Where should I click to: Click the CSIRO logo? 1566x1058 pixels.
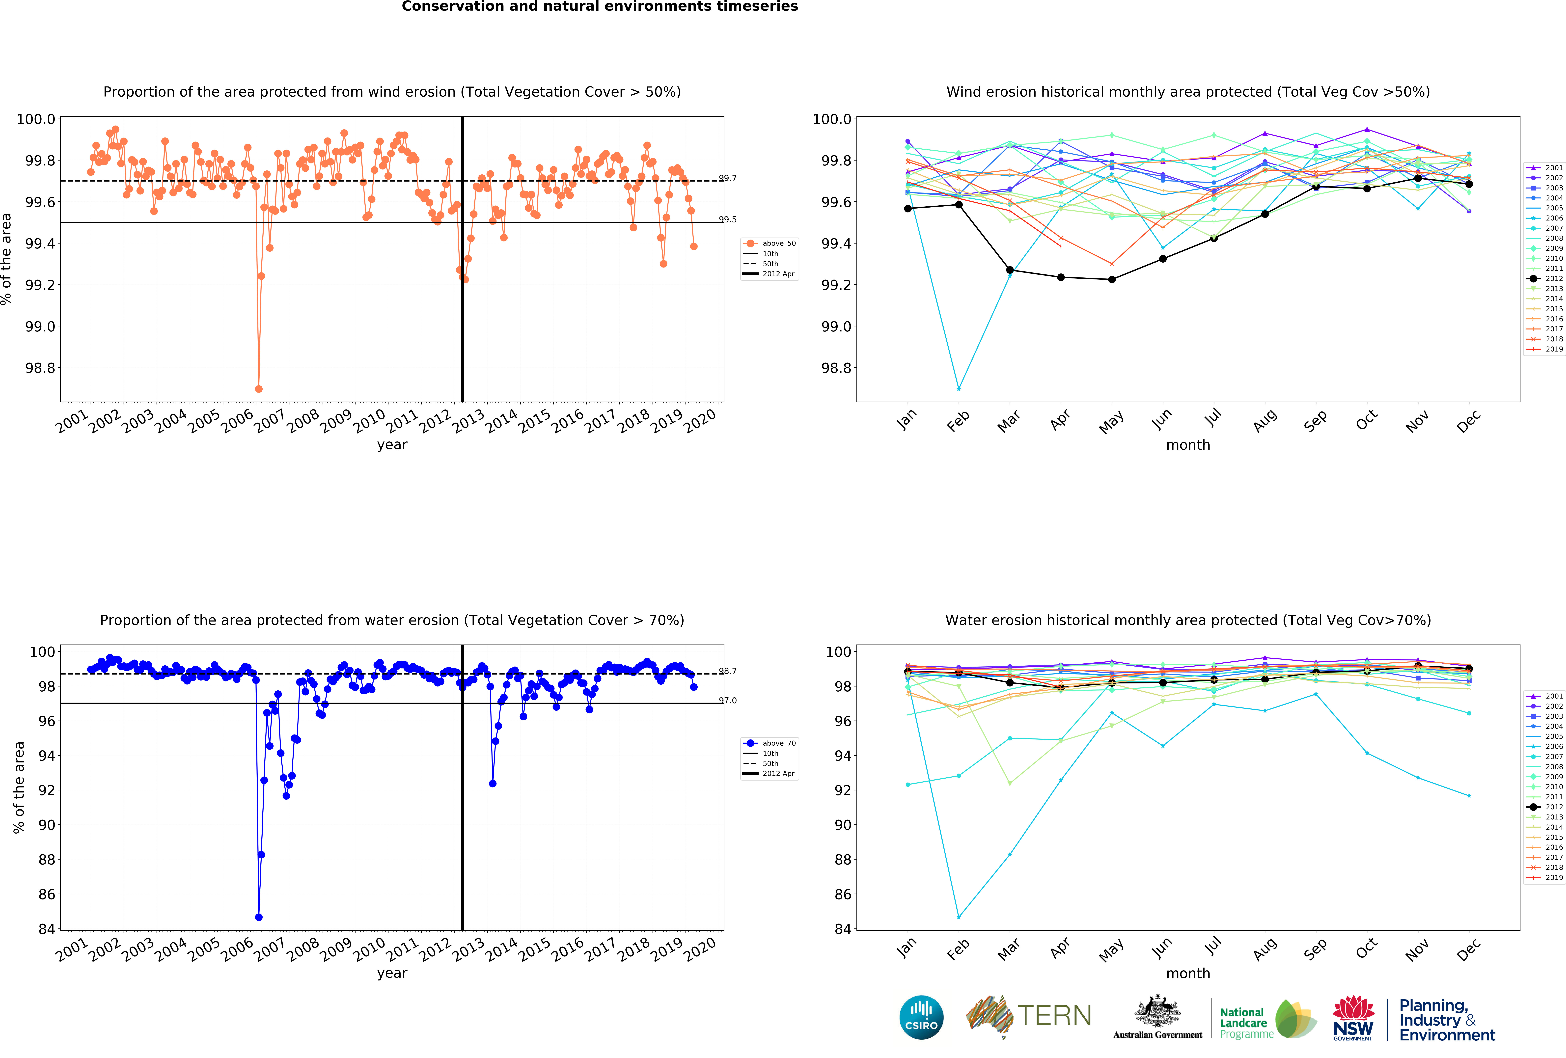(921, 1017)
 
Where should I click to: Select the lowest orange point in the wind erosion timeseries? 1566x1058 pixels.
(259, 389)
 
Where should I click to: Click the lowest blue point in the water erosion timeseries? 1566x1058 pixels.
(259, 917)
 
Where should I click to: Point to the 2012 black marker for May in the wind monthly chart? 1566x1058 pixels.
(1112, 279)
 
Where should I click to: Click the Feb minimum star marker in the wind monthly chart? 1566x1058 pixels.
(959, 389)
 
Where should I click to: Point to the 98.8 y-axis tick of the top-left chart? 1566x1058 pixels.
(40, 368)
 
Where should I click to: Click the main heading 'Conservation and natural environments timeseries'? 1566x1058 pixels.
(600, 7)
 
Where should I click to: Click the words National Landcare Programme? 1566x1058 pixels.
(1246, 1023)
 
